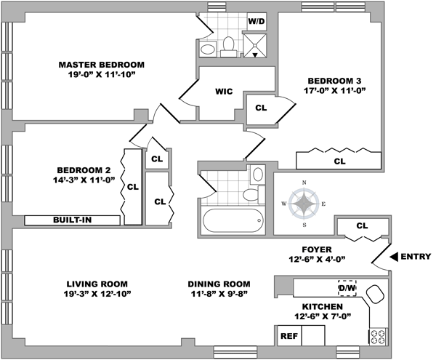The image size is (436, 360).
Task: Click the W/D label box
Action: point(257,21)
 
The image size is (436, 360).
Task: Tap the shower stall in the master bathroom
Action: point(255,46)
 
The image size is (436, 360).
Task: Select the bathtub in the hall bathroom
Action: point(233,220)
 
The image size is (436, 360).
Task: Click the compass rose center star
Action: point(304,204)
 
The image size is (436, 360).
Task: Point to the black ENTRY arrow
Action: point(393,257)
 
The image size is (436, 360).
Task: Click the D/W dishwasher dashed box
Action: point(347,288)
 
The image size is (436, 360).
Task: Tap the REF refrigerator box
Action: point(289,336)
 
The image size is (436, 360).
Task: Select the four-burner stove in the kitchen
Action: point(378,337)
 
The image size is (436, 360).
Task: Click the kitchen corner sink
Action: point(374,294)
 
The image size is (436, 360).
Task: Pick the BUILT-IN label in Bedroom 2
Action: point(72,220)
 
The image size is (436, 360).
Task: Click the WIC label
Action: point(224,92)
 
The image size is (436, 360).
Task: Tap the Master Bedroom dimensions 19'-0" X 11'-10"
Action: point(102,75)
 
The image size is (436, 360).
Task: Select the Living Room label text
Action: point(97,284)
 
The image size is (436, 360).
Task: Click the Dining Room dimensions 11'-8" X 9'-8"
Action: point(219,294)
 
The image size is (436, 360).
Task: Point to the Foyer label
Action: point(317,249)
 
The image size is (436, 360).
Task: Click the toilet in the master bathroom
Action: point(229,47)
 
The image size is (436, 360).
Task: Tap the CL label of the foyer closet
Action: point(362,225)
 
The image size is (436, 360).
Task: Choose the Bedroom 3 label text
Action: point(334,81)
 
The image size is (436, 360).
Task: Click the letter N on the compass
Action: point(304,183)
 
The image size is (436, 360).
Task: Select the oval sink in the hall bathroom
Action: point(258,174)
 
